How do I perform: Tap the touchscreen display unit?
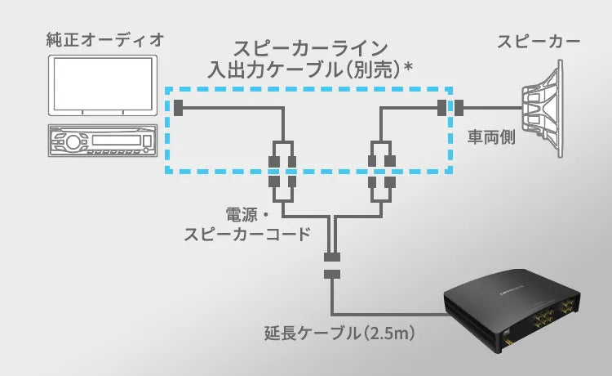102,85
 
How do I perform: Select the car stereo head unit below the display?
102,143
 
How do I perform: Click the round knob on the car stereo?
69,144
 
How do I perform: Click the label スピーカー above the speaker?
539,42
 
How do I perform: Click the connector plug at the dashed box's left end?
178,107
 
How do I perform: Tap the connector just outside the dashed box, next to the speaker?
459,107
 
